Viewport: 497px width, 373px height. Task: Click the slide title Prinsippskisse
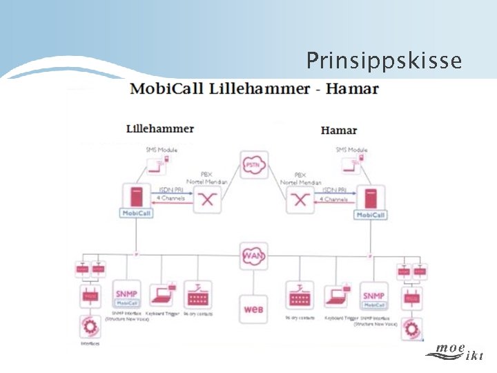tap(384, 61)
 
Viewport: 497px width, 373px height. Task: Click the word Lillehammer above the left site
tap(160, 128)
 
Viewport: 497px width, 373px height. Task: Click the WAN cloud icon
tap(252, 256)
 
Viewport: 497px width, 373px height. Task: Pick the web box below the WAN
tap(253, 309)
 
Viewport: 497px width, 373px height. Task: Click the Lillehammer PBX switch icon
tap(206, 200)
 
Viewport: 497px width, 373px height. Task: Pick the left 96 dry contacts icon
tap(198, 296)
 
